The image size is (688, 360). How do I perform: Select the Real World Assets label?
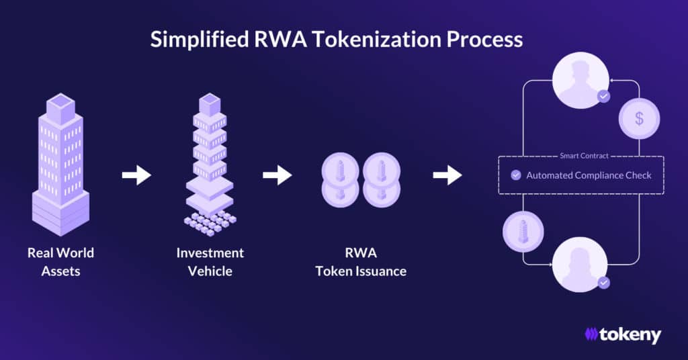(x=60, y=262)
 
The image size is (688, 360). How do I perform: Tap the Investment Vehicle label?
(x=210, y=262)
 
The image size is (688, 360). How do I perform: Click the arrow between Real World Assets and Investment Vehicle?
(x=136, y=175)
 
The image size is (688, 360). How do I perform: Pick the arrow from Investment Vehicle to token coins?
(x=277, y=175)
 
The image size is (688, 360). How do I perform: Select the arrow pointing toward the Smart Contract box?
(x=447, y=175)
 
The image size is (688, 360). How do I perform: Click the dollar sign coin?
(x=639, y=118)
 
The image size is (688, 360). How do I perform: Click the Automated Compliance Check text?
(x=589, y=175)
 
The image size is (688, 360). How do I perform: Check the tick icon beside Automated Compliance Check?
(x=516, y=175)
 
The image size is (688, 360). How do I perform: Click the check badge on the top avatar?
(x=603, y=97)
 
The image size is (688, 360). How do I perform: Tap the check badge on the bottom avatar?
(x=603, y=283)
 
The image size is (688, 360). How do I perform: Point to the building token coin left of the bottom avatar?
(x=523, y=232)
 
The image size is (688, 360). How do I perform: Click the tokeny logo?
(x=622, y=334)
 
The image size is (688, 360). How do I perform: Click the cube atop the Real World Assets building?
(x=60, y=109)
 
